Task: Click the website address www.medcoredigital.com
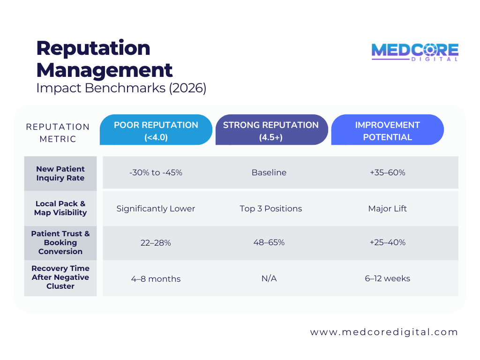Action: coord(384,332)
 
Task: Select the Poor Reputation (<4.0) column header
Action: coord(156,131)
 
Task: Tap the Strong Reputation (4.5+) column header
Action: coord(271,131)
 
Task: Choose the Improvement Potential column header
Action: coord(387,131)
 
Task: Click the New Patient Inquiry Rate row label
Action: coord(60,173)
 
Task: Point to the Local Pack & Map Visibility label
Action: coord(60,208)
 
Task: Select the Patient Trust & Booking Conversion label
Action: coord(60,242)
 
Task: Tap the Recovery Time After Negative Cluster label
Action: coord(60,277)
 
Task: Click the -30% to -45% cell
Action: coord(156,172)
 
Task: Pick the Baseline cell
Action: coord(269,172)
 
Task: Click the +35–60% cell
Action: coord(387,172)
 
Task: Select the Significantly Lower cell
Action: coord(156,209)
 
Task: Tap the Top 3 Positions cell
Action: coord(271,209)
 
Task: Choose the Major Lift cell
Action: coord(387,209)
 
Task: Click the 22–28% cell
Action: coord(156,243)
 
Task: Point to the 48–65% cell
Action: coord(269,243)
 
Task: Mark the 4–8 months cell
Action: coord(156,279)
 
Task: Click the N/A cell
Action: coord(269,279)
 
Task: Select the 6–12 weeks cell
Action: coord(387,278)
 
